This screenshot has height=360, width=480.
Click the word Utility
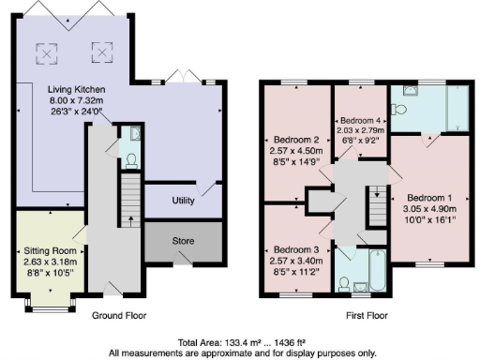pos(183,201)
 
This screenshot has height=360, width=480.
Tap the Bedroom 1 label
pos(430,198)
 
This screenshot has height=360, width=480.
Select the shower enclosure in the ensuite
pos(456,111)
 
